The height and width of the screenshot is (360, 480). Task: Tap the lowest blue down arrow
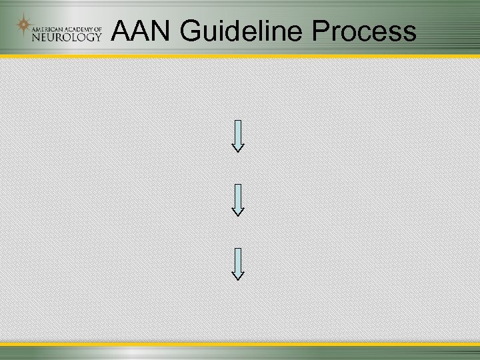(238, 262)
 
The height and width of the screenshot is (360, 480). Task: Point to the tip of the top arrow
(238, 151)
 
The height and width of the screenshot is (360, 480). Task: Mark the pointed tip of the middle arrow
(238, 215)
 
